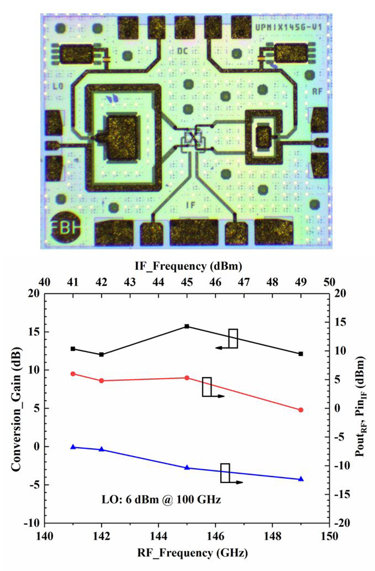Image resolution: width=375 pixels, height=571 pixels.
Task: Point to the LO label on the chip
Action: pyautogui.click(x=59, y=86)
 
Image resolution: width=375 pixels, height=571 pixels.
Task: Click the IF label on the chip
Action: pyautogui.click(x=190, y=205)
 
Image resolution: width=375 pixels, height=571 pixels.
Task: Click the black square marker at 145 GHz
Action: pyautogui.click(x=187, y=326)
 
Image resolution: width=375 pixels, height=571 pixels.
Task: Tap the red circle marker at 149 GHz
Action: pyautogui.click(x=301, y=410)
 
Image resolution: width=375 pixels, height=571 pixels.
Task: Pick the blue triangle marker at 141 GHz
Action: pyautogui.click(x=73, y=447)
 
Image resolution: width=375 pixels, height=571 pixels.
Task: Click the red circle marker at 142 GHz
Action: pyautogui.click(x=101, y=381)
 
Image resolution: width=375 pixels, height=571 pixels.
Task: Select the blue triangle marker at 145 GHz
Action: pyautogui.click(x=187, y=468)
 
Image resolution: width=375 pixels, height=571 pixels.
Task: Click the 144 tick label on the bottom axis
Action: pyautogui.click(x=158, y=536)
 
